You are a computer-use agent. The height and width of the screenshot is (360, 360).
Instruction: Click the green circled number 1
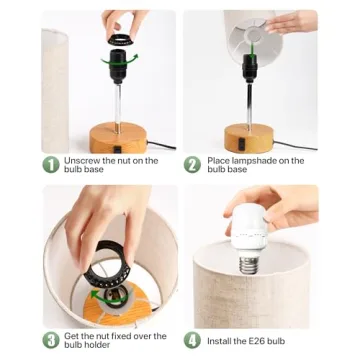point(50,164)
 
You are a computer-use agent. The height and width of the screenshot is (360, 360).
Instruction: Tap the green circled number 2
point(193,164)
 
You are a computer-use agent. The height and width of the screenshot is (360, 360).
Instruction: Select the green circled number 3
point(50,340)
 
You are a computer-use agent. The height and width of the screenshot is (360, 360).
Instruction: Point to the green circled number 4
point(193,340)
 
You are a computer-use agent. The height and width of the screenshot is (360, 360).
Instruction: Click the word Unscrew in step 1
point(81,160)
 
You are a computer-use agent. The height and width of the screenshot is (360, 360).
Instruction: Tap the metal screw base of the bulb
point(247,263)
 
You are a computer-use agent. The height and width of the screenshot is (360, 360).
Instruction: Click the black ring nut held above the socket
point(120,41)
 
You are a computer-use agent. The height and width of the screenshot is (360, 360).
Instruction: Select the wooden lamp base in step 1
point(119,137)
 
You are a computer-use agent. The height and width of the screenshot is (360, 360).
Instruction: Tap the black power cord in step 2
point(290,143)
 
